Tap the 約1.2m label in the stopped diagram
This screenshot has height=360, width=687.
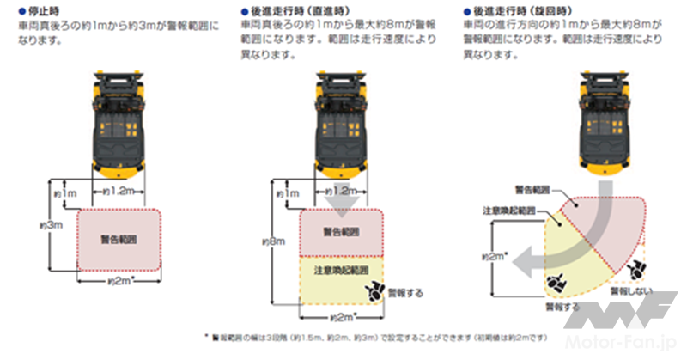click(x=118, y=190)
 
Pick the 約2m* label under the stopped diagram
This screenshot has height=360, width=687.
click(x=119, y=281)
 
